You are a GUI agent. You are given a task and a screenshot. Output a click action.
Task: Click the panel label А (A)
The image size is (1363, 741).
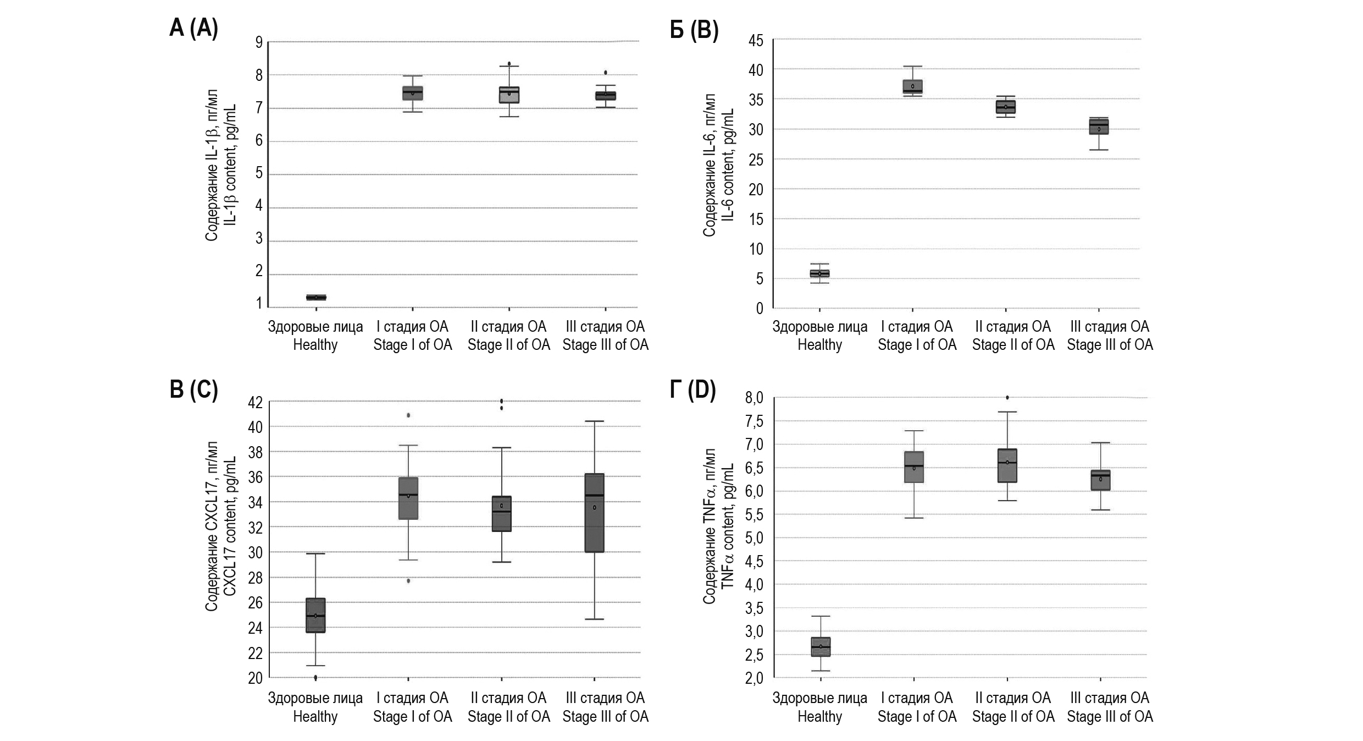pos(193,28)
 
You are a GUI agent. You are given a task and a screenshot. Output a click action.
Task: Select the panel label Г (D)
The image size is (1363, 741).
pos(693,389)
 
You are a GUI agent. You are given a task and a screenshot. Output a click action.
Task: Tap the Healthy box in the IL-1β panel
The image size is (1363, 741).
pos(316,297)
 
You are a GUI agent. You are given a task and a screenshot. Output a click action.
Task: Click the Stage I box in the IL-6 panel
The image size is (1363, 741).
pos(912,87)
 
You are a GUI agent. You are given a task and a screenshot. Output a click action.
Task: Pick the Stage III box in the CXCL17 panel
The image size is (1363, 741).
pos(594,512)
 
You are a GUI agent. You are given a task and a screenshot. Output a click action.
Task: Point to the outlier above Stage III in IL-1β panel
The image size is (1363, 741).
pos(606,73)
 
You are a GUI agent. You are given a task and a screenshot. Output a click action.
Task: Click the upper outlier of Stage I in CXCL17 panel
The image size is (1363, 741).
pos(408,415)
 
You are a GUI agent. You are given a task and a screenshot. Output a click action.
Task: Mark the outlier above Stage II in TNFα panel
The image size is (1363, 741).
pos(1007,397)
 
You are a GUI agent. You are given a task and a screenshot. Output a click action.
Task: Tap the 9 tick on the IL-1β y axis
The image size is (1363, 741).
pos(259,42)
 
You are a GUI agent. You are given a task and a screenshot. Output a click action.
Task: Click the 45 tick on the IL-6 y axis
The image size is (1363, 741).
pos(756,40)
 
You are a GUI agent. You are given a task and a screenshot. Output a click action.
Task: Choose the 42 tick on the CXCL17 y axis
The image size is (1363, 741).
pos(256,402)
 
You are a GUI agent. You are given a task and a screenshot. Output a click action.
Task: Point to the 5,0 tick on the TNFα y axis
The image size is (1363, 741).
pos(754,537)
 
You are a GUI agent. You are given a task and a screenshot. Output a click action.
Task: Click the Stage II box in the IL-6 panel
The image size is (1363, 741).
pos(1006,107)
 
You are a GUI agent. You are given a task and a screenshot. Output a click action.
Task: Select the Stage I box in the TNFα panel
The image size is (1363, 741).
pos(914,467)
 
